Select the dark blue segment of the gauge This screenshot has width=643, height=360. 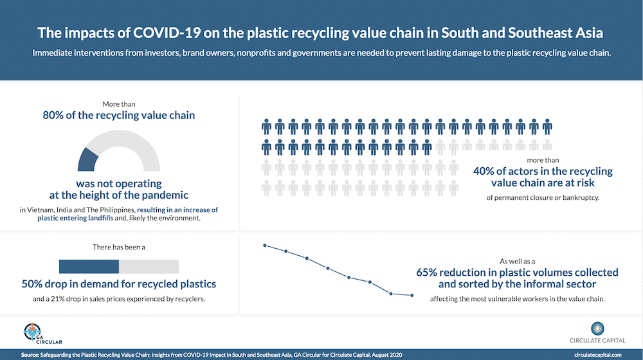tap(88, 160)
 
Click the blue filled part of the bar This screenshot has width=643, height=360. tap(89, 266)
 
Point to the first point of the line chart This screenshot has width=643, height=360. tap(264, 245)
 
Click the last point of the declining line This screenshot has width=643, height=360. tap(412, 296)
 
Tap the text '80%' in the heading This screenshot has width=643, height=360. tap(55, 116)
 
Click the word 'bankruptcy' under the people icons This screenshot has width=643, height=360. tap(578, 197)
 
